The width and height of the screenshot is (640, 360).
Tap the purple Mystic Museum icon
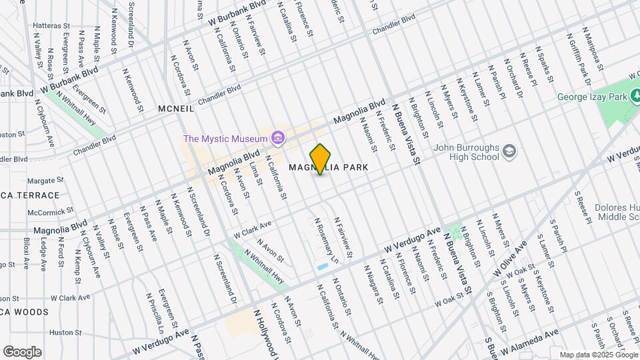point(278,139)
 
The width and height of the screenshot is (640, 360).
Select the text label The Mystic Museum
point(225,139)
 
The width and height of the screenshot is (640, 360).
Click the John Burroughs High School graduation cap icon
point(509,152)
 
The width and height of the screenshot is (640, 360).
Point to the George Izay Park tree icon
point(634,97)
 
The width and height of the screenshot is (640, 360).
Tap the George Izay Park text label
point(593,97)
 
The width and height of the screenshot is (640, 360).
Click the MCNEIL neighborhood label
point(176,108)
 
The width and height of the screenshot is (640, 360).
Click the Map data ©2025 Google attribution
point(598,355)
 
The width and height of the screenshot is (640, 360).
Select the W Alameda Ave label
point(529,343)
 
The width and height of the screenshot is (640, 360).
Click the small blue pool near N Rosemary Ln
point(323,267)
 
